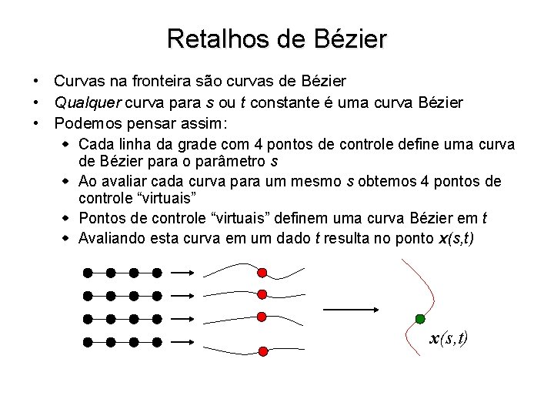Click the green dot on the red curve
(419, 318)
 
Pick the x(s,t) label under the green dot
(449, 338)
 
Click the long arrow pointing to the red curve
(351, 310)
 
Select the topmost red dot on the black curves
(262, 272)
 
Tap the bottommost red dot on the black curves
(263, 351)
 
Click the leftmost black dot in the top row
(88, 272)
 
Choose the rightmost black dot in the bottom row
(157, 341)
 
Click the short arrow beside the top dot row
(181, 272)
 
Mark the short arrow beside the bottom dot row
(181, 341)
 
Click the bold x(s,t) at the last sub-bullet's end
(457, 238)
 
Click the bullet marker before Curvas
(36, 82)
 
